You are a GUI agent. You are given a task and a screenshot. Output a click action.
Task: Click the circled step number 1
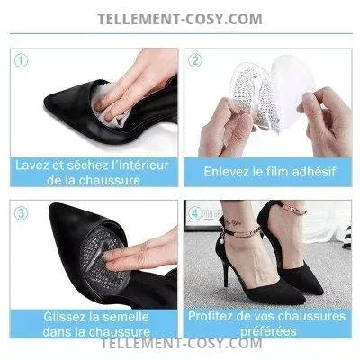[21, 60]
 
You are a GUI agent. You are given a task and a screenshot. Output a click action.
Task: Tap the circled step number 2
[195, 60]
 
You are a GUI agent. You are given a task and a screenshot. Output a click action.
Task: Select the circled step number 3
[21, 213]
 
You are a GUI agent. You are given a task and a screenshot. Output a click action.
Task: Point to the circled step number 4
[195, 213]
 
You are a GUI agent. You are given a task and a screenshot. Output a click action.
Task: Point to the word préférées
[268, 331]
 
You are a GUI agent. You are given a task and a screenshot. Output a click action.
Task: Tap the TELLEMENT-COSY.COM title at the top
[180, 19]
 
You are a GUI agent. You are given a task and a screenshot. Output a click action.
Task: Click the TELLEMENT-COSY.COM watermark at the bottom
[181, 343]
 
